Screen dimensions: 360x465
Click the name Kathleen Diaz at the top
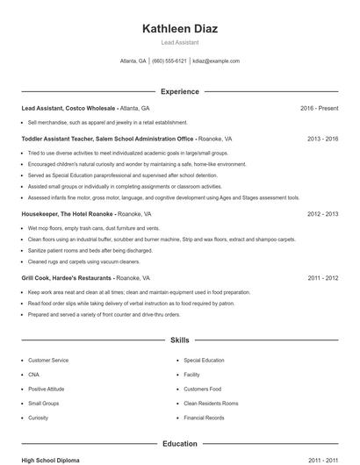point(180,29)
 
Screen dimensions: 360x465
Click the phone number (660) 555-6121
point(169,61)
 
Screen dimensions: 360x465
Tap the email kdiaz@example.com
point(217,61)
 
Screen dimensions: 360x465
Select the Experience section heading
point(180,91)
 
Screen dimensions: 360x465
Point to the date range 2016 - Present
point(319,108)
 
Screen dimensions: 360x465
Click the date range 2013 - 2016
point(323,139)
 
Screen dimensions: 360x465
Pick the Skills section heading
point(180,340)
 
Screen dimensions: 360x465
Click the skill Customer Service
point(48,361)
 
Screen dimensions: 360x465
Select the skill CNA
point(33,375)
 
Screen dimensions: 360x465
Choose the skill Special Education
point(204,361)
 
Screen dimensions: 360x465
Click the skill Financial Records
point(204,418)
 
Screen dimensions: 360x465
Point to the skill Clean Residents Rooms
point(211,404)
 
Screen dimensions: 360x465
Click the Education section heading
point(180,444)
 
